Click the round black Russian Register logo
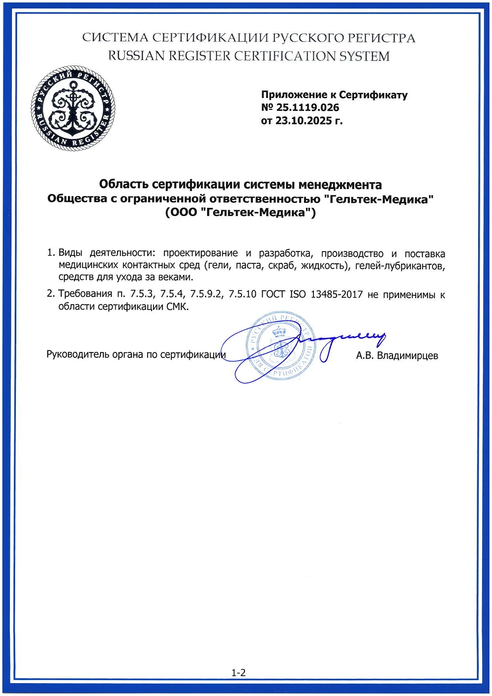[73, 108]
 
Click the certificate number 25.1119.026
[308, 108]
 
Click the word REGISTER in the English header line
[200, 56]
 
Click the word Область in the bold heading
[124, 185]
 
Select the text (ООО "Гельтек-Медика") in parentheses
[240, 213]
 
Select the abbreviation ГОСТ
[273, 295]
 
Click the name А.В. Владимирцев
[397, 355]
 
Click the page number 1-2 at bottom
[239, 672]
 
